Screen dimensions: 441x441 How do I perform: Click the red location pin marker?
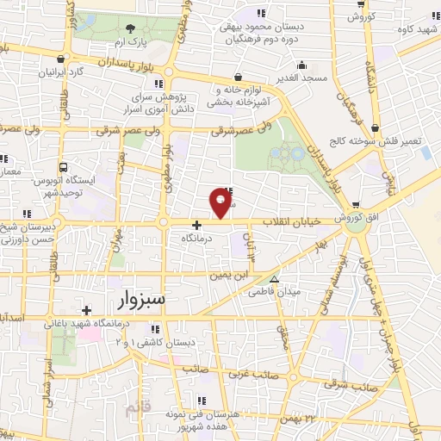[221, 203]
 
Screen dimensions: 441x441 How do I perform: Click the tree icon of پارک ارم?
[130, 30]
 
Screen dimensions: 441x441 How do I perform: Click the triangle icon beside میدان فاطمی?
[275, 279]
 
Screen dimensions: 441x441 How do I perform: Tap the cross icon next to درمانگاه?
[196, 224]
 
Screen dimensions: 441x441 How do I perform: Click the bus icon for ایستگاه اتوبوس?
[63, 168]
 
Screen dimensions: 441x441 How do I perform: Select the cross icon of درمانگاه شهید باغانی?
[85, 310]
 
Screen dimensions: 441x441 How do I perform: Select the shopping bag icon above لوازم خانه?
[237, 76]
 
